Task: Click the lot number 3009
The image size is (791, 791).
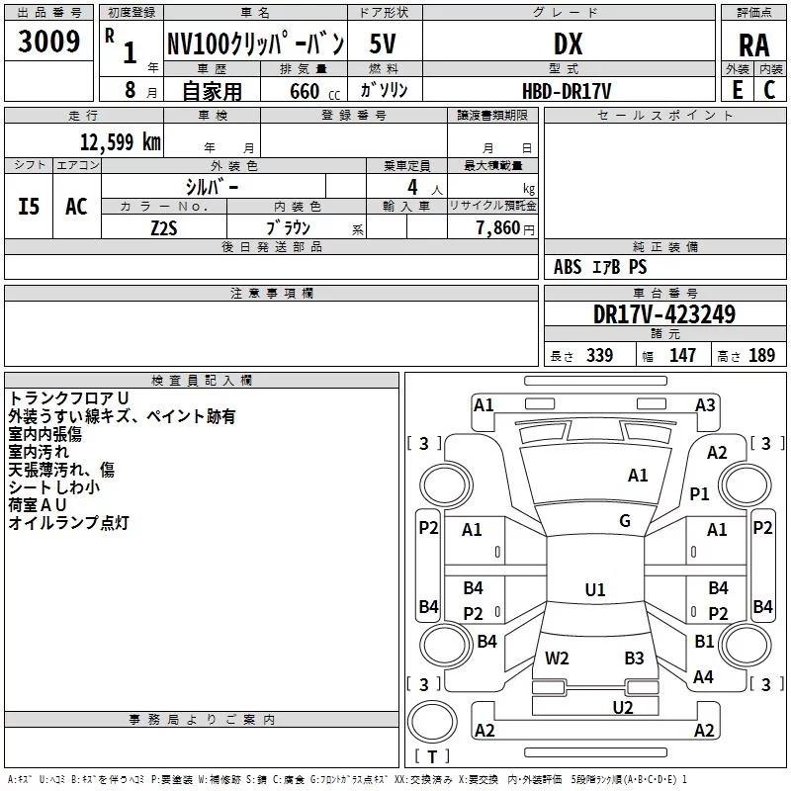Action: coord(49,43)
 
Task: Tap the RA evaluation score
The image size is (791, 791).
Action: coord(753,44)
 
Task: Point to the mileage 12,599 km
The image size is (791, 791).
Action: coord(120,141)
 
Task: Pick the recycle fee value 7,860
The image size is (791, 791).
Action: coord(498,227)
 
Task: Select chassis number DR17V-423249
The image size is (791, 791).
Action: coord(663,314)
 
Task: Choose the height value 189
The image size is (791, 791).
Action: coord(761,356)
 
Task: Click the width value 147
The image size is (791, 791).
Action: coord(682,356)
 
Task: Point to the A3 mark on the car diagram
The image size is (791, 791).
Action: coord(705,404)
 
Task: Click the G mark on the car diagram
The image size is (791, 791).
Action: coord(625,521)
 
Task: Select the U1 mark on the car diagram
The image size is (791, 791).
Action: coord(594,589)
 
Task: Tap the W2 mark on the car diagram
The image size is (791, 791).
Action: coord(558,659)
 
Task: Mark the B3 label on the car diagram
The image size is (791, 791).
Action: coord(634,659)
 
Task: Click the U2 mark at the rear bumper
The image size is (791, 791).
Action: coord(622,707)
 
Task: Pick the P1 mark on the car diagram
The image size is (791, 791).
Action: coord(700,493)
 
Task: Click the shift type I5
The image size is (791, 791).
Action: coord(30,207)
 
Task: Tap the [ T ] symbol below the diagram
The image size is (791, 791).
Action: coord(432,757)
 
